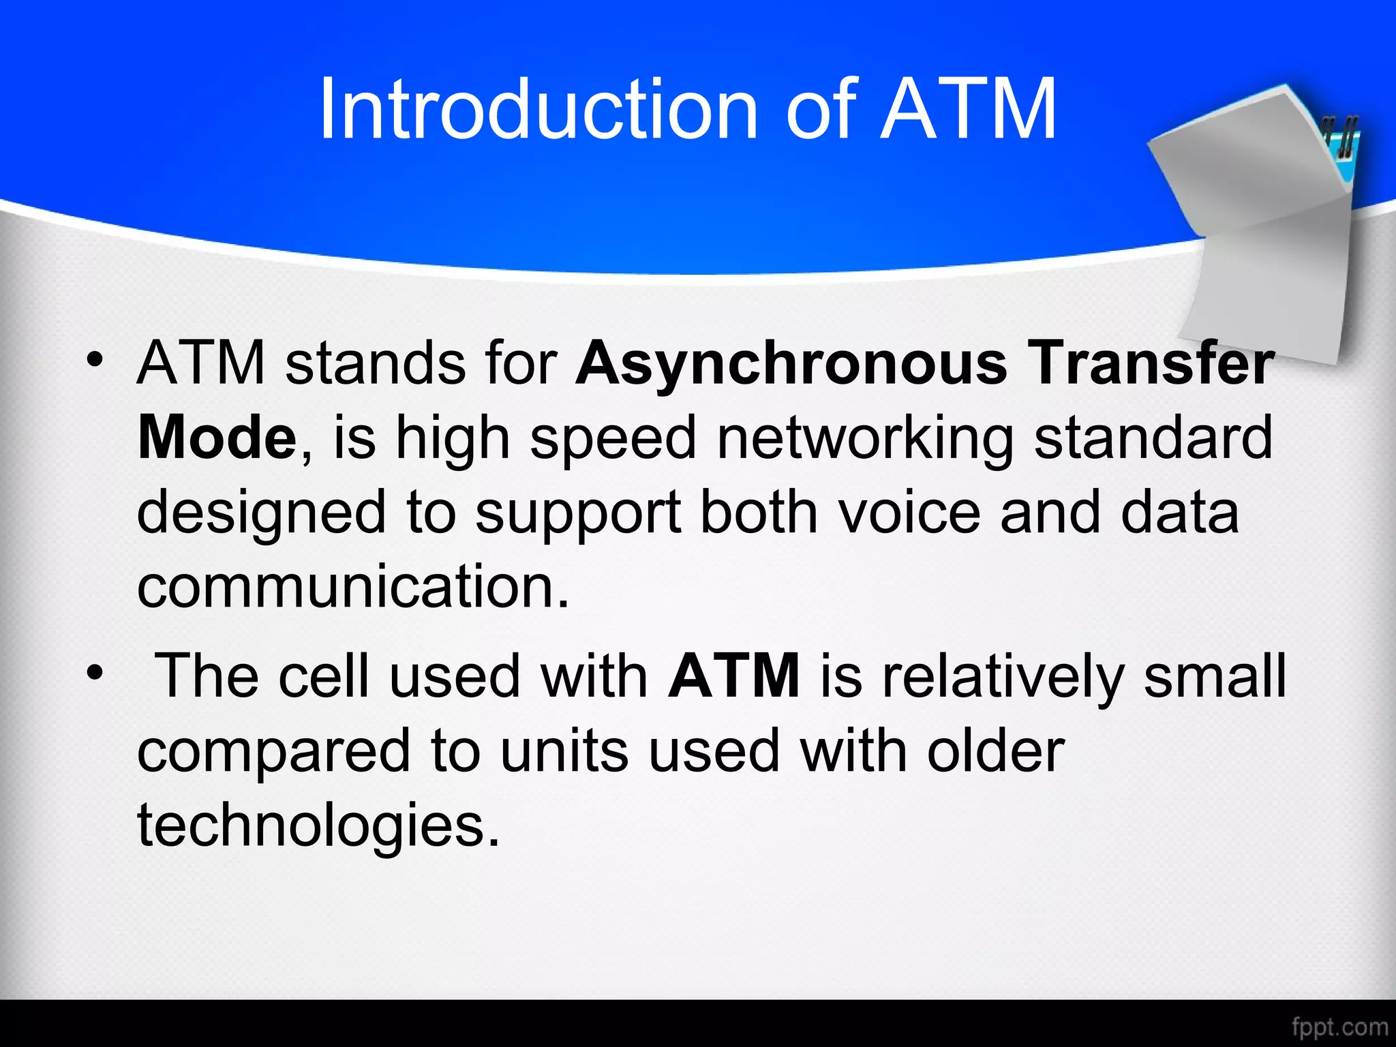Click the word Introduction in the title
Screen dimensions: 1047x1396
pos(538,109)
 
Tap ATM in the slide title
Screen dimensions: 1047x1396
pos(968,109)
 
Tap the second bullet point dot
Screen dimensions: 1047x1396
pos(95,673)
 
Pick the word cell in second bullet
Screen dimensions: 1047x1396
pos(324,676)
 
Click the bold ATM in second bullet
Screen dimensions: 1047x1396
pos(734,676)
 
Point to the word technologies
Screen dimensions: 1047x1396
pos(318,826)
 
